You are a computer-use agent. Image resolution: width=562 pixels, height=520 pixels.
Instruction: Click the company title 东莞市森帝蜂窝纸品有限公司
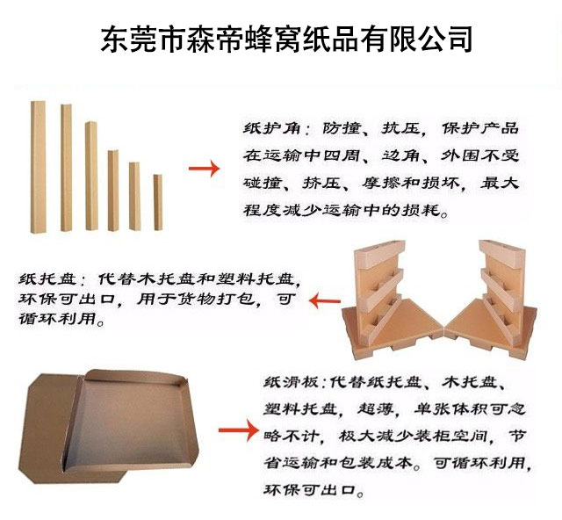point(285,40)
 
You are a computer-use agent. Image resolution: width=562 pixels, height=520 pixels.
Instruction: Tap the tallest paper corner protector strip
point(38,167)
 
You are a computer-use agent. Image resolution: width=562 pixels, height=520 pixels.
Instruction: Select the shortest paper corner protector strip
point(158,202)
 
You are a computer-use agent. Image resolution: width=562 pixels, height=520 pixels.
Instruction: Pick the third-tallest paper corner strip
point(91,176)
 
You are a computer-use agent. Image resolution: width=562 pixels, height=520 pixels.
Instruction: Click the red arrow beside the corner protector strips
point(204,169)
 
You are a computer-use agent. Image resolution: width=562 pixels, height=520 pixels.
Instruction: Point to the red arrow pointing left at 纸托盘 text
point(325,301)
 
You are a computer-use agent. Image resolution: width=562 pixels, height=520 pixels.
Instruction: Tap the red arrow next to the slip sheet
point(238,430)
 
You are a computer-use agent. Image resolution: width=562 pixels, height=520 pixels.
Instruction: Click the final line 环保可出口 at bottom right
point(309,489)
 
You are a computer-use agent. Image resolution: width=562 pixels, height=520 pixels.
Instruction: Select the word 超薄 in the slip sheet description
point(375,408)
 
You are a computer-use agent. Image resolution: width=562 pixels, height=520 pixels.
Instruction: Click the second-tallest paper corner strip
point(67,168)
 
